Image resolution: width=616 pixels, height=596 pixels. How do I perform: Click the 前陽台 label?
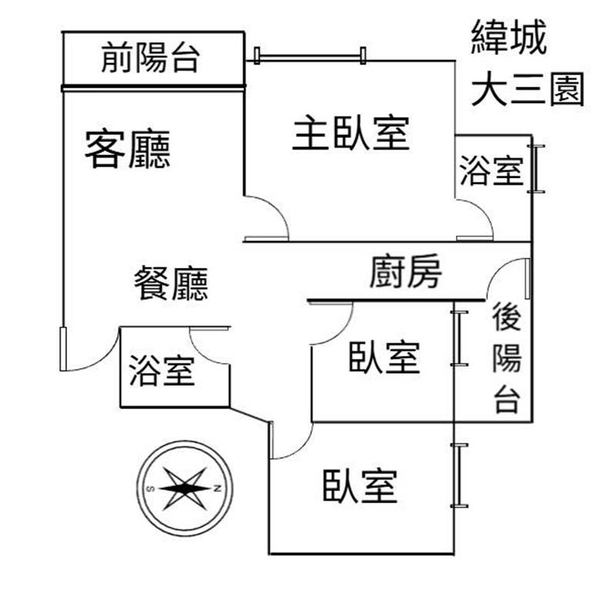pyautogui.click(x=150, y=59)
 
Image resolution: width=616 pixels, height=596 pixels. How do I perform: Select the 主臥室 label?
pyautogui.click(x=350, y=134)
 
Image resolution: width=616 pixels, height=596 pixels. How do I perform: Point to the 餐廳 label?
pyautogui.click(x=170, y=284)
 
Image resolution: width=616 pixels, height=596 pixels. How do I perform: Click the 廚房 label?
pyautogui.click(x=405, y=271)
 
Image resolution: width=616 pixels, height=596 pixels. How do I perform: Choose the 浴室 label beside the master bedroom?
pyautogui.click(x=491, y=170)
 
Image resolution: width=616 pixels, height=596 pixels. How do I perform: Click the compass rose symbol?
pyautogui.click(x=185, y=488)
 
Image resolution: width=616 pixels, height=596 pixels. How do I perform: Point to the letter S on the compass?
pyautogui.click(x=151, y=488)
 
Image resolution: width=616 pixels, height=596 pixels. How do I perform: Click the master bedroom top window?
pyautogui.click(x=309, y=55)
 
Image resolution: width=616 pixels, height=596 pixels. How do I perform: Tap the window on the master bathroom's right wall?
pyautogui.click(x=537, y=169)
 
